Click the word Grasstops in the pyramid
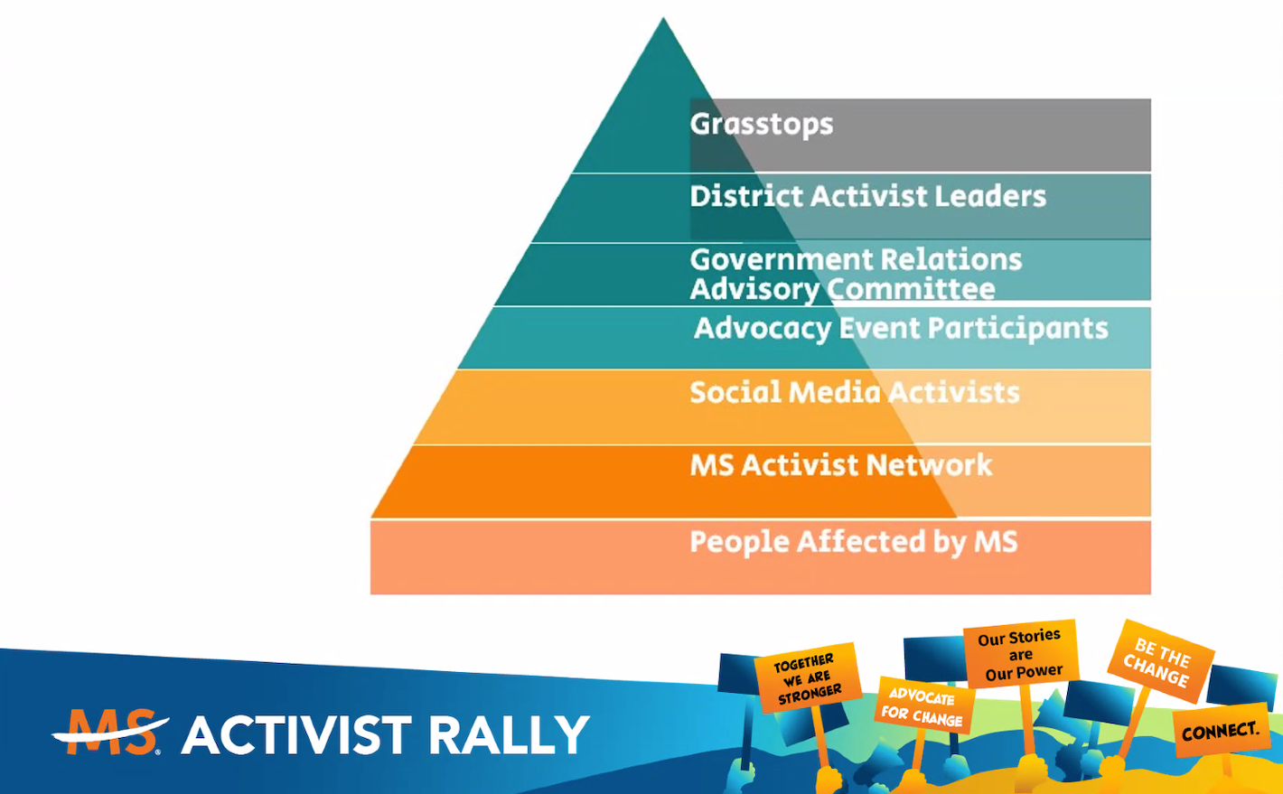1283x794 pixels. [x=761, y=125]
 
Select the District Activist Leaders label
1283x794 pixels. [x=867, y=196]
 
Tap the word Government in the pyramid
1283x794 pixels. [x=771, y=259]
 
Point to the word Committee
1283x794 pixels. [x=911, y=289]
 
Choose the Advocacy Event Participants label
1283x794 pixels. [x=900, y=328]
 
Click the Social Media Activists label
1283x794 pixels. [x=854, y=392]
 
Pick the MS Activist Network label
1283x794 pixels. [x=840, y=465]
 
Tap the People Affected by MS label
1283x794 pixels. [x=853, y=542]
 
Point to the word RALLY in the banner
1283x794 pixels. [x=509, y=735]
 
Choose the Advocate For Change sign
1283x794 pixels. [x=922, y=705]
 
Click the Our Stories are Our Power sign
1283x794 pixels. [x=1020, y=654]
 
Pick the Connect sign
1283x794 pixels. [x=1221, y=730]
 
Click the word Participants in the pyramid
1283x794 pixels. [x=1017, y=328]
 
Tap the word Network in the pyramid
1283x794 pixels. [x=928, y=465]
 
